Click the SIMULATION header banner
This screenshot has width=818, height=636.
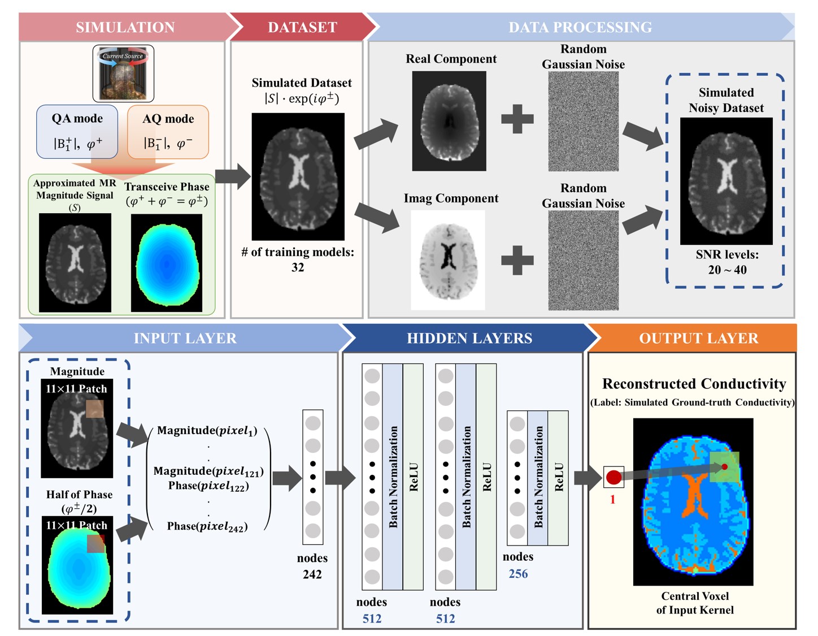coord(125,27)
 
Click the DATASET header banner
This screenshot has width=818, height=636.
coord(302,27)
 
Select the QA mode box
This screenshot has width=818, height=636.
coord(77,131)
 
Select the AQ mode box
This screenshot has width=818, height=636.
coord(168,132)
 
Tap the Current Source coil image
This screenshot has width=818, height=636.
coord(123,74)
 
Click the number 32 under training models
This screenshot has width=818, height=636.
coord(298,267)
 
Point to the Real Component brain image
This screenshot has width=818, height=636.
coord(449,121)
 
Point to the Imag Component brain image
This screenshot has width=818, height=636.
coord(448,260)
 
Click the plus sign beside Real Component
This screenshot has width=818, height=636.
coord(517,119)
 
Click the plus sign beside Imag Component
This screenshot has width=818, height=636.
coord(517,260)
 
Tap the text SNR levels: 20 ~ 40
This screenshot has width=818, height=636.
coord(727,262)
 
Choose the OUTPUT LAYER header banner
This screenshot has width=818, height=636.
coord(698,338)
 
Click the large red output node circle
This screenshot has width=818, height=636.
coord(614,478)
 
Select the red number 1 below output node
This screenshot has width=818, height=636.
coord(612,500)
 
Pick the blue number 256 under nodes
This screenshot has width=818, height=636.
coord(518,574)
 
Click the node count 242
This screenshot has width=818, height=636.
coord(312,574)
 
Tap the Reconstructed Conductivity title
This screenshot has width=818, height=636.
coord(694,384)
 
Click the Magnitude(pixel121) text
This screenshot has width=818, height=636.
coord(208,471)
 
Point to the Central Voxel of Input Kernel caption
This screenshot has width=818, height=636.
coord(695,603)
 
